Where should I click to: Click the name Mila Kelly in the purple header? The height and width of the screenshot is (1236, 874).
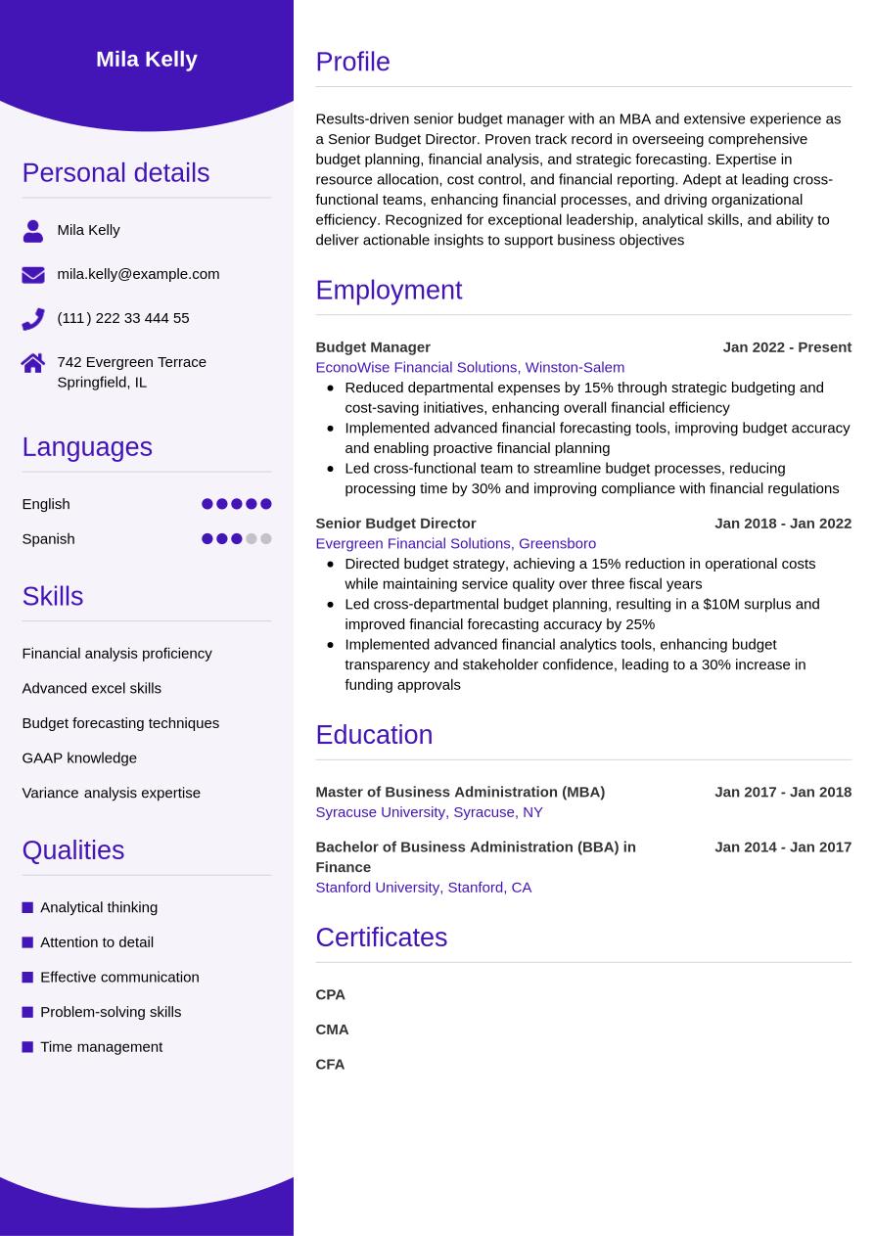click(x=147, y=60)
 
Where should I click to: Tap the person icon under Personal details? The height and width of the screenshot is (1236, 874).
click(x=33, y=231)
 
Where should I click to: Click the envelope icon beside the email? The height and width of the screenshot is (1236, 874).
click(x=33, y=275)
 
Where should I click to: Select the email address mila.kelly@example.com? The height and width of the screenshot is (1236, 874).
click(x=138, y=274)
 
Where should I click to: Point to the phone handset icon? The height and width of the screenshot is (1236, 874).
click(x=33, y=319)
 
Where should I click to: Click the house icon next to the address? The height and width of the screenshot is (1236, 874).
click(x=33, y=363)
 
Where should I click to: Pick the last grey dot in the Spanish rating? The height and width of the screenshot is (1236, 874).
click(x=266, y=539)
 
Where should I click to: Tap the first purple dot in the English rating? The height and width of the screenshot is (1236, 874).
click(x=207, y=504)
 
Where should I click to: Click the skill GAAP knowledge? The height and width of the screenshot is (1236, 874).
click(x=79, y=757)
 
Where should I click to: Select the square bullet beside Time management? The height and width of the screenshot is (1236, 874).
click(x=27, y=1047)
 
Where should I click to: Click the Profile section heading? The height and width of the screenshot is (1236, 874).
click(x=352, y=62)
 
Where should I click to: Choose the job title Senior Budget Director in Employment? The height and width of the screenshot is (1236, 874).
click(x=395, y=524)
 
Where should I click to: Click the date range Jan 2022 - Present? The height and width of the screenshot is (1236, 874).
click(x=787, y=347)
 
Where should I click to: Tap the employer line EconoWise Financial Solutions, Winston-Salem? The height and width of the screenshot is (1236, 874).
click(x=470, y=367)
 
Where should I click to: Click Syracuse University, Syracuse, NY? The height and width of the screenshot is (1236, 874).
click(x=429, y=812)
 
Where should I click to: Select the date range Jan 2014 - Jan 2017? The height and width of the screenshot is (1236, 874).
click(x=783, y=847)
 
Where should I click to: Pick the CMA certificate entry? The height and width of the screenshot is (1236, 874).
click(x=332, y=1030)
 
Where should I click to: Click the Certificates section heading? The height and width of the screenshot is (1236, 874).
click(x=381, y=938)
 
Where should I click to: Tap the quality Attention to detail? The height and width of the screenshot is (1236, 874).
click(x=97, y=942)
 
